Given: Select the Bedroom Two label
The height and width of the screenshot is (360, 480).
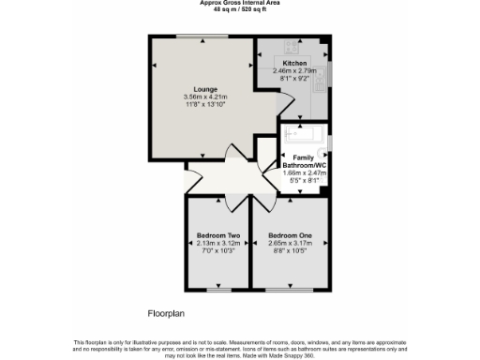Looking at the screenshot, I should [x=218, y=234].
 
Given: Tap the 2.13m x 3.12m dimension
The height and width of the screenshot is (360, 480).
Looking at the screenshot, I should [x=218, y=242].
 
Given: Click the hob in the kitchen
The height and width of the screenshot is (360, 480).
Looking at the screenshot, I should [x=290, y=45].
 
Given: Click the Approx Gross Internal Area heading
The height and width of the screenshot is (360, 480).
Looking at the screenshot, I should [x=239, y=3].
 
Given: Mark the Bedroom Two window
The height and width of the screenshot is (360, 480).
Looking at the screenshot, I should [x=218, y=290].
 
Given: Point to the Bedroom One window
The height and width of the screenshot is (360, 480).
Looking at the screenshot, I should [x=289, y=290].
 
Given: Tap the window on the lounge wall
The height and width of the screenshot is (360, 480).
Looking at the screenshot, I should [x=200, y=37].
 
